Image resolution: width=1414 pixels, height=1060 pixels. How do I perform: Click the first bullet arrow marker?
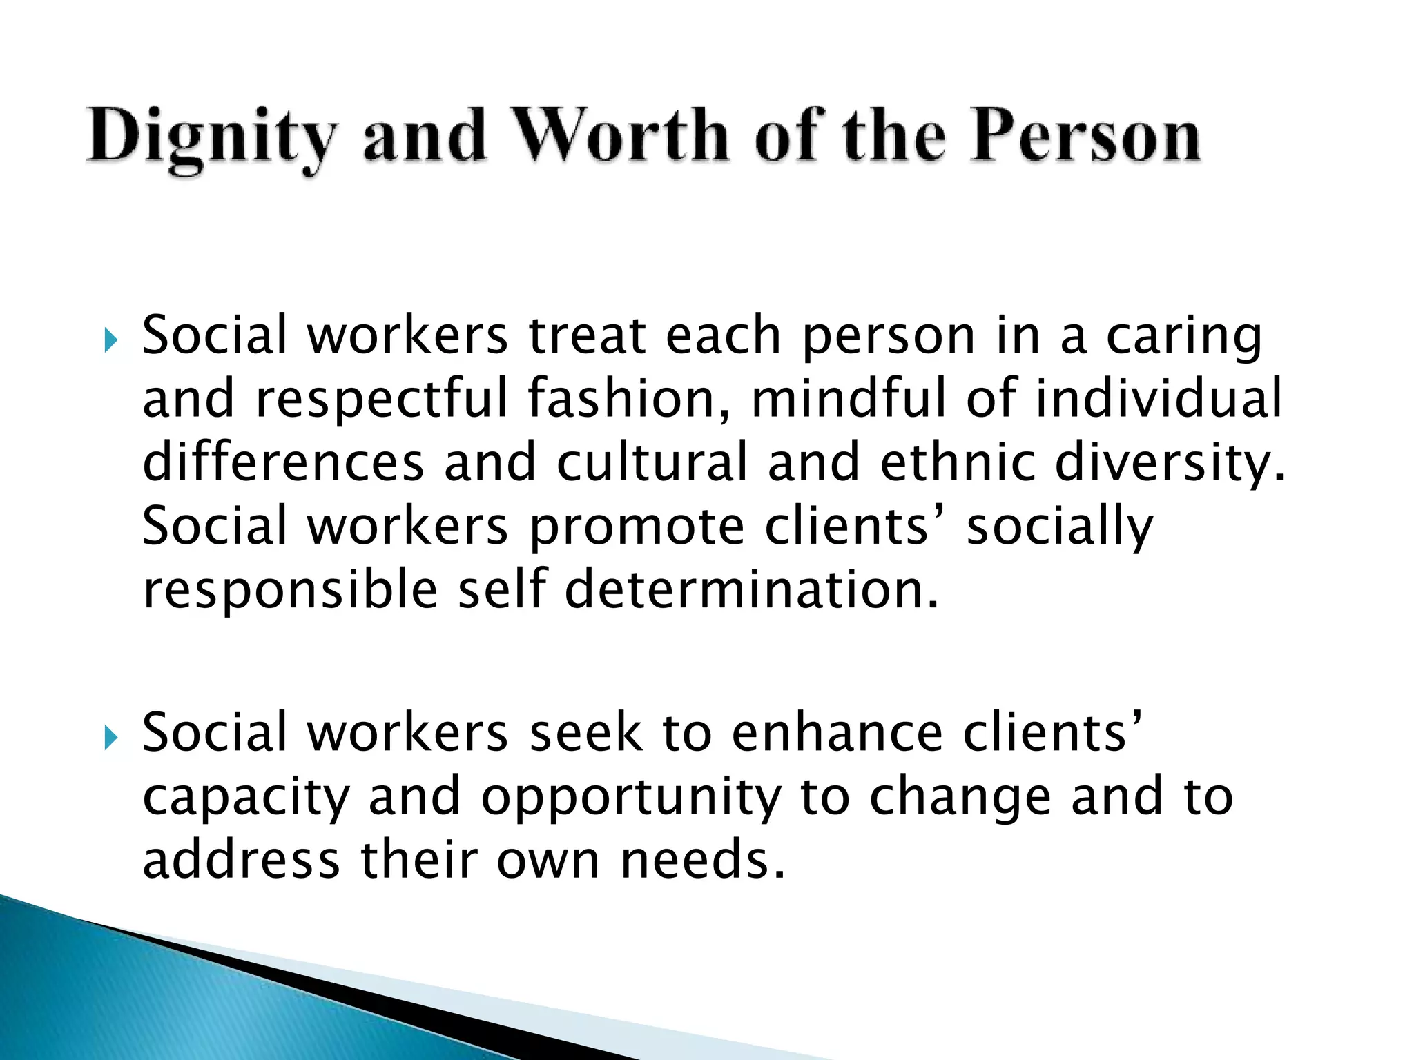click(x=110, y=340)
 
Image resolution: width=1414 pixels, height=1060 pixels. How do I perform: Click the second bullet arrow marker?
click(x=110, y=738)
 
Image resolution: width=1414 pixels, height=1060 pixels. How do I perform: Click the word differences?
click(x=283, y=462)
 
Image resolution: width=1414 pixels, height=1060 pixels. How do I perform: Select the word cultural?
click(x=652, y=462)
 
